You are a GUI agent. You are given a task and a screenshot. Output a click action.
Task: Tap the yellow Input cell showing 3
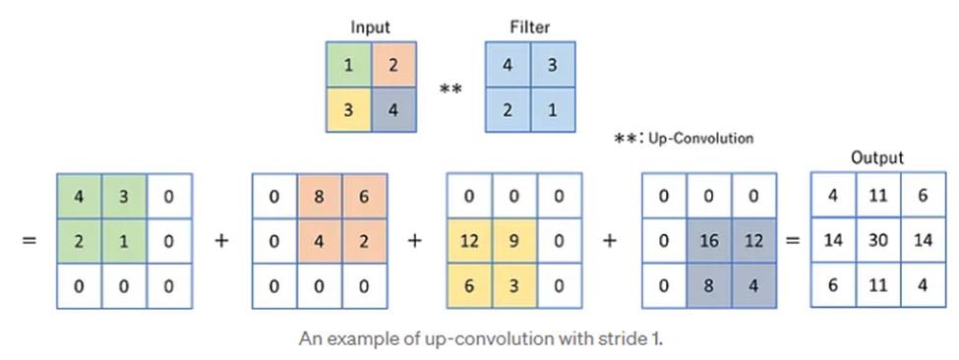click(x=349, y=109)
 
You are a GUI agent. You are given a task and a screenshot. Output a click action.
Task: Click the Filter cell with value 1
click(x=554, y=109)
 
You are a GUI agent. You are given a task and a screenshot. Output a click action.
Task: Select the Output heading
click(x=878, y=157)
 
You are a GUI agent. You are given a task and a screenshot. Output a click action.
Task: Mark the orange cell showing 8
click(x=321, y=196)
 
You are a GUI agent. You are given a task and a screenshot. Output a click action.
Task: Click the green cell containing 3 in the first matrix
click(x=124, y=196)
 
